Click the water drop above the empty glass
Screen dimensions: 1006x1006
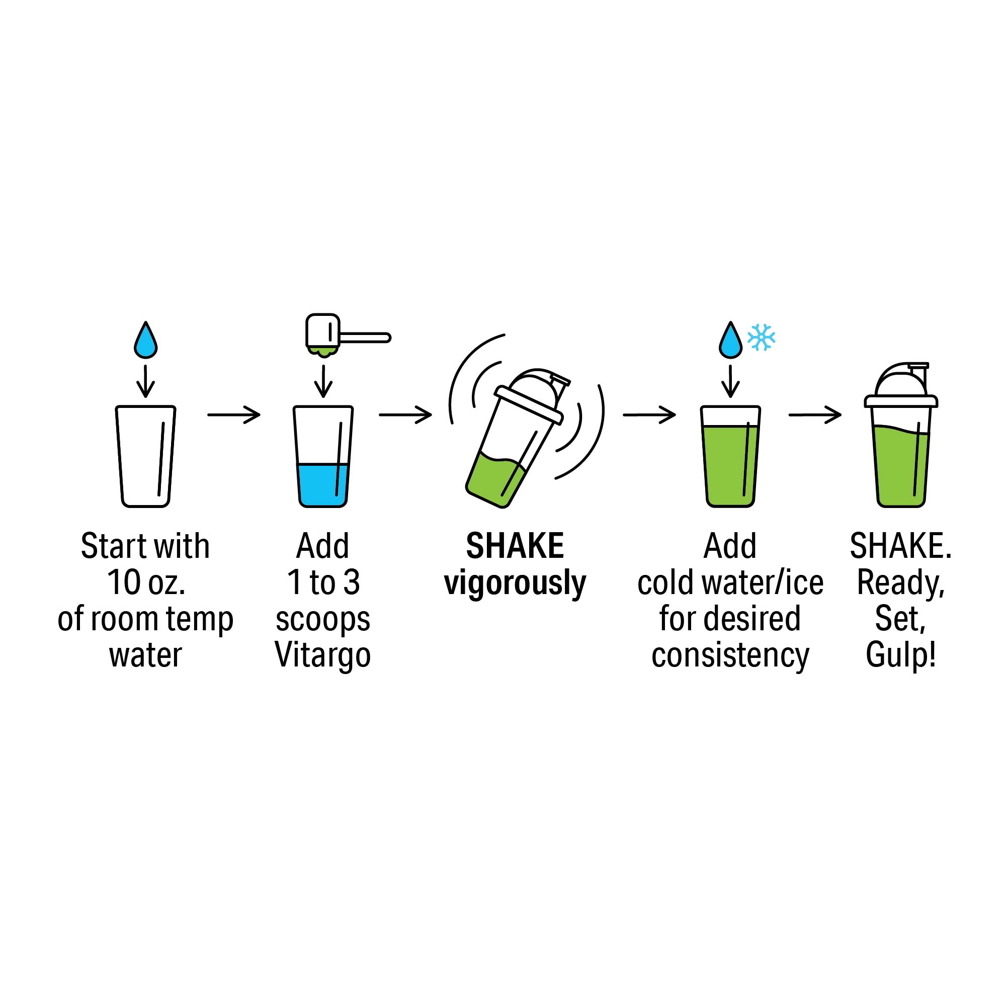pyautogui.click(x=146, y=341)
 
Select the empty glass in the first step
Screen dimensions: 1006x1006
pyautogui.click(x=146, y=457)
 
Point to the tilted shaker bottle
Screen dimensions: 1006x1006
pyautogui.click(x=515, y=439)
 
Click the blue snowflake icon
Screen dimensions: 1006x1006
pyautogui.click(x=761, y=338)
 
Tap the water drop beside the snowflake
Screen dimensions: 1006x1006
pyautogui.click(x=730, y=341)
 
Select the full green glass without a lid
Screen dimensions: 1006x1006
pyautogui.click(x=730, y=457)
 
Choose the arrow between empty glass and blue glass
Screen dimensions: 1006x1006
pyautogui.click(x=234, y=415)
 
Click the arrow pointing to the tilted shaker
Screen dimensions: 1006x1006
pyautogui.click(x=405, y=415)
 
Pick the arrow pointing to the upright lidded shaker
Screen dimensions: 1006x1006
pyautogui.click(x=815, y=415)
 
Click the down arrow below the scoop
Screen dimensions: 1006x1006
pyautogui.click(x=323, y=381)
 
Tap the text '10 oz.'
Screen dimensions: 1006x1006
pyautogui.click(x=146, y=582)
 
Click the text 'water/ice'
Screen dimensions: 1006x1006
pyautogui.click(x=763, y=582)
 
